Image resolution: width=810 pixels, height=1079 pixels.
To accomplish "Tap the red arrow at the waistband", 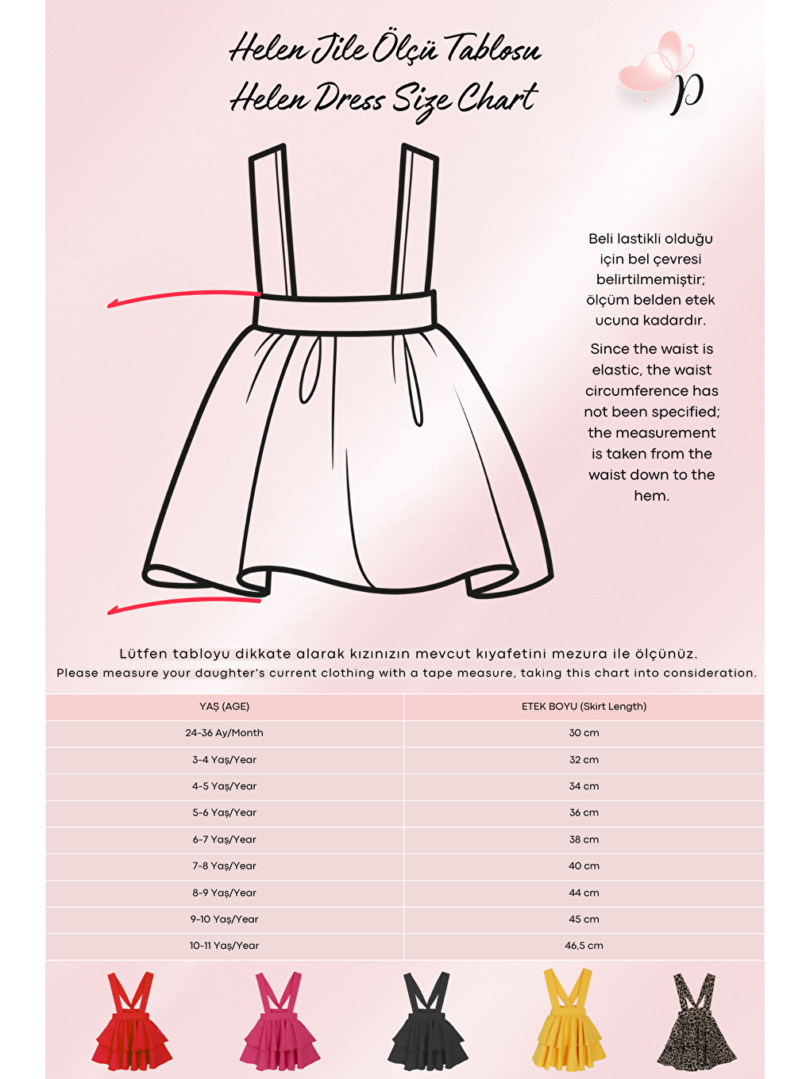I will point(183,298).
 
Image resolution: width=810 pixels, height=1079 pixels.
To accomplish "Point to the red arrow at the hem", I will point(183,605).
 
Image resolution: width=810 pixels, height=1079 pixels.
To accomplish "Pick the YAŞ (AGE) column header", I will point(225,706).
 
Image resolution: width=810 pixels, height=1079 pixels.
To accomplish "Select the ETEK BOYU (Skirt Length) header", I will point(584,706).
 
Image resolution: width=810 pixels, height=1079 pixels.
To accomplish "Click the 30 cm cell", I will point(584,733).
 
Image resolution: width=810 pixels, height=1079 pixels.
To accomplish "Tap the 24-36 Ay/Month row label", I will point(225,733).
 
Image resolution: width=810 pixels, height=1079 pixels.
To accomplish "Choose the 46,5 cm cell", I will point(584,946).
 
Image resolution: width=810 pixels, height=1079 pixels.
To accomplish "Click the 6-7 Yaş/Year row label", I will point(225,839).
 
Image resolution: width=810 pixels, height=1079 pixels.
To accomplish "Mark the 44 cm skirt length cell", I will point(584,893).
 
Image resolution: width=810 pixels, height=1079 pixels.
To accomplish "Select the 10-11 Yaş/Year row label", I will point(225,946).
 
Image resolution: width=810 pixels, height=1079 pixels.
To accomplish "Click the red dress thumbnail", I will point(131,1023).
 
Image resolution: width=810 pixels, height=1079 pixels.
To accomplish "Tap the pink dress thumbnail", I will point(280,1023).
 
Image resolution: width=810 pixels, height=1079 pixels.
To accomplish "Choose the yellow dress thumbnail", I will point(568,1023).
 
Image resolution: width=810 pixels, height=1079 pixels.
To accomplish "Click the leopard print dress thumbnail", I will point(696,1023).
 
